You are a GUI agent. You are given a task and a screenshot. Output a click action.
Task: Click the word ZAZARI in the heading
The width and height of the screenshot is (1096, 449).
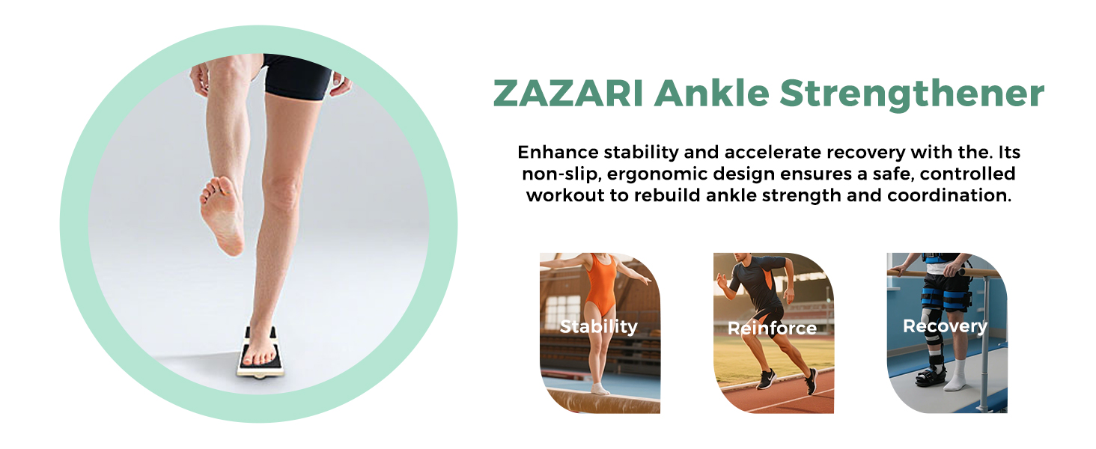point(568,93)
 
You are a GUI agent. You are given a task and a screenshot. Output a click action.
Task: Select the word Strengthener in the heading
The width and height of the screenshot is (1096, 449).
point(912,94)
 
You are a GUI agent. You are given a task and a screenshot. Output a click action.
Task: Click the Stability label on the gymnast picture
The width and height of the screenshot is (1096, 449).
point(598,326)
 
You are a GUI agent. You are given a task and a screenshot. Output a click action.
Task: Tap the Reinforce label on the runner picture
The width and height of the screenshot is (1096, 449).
point(772,328)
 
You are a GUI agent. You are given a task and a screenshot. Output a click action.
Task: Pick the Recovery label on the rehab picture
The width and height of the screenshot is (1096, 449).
point(945,326)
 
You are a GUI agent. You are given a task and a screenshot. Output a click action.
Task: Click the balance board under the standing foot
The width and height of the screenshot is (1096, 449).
point(261,354)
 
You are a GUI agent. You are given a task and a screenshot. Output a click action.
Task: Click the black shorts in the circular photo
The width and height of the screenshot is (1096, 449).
point(297,76)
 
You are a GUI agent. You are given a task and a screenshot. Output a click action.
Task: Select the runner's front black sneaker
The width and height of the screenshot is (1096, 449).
point(765,379)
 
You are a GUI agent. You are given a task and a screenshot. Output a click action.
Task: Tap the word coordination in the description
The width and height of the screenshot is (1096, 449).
point(949,195)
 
